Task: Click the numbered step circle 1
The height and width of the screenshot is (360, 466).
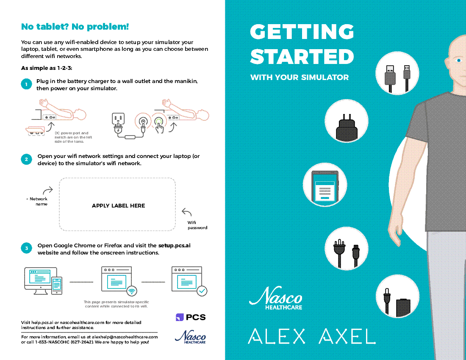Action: (26, 84)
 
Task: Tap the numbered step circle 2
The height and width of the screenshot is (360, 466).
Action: (26, 160)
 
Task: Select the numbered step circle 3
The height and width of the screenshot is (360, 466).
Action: (26, 248)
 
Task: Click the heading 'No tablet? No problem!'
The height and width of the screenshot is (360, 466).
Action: (75, 27)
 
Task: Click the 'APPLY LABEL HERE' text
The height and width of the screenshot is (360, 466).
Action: (118, 205)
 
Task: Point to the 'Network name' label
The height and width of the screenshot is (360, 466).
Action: (38, 201)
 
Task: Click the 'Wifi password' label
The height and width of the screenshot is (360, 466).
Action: (197, 225)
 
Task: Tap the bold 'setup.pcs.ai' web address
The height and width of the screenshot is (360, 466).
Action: (175, 245)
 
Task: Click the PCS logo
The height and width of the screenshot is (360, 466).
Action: (191, 317)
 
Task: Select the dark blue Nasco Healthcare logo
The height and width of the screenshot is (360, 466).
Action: (191, 337)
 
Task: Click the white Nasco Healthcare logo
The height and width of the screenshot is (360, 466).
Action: (276, 298)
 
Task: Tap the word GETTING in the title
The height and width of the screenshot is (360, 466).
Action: (302, 31)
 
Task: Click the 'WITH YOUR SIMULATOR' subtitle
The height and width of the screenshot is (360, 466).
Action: (299, 77)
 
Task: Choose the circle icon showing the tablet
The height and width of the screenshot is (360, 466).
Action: (325, 185)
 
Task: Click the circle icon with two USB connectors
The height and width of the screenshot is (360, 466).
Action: (397, 73)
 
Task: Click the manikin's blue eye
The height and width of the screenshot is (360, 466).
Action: (459, 60)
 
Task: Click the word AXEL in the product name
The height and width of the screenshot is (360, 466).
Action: (347, 336)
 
